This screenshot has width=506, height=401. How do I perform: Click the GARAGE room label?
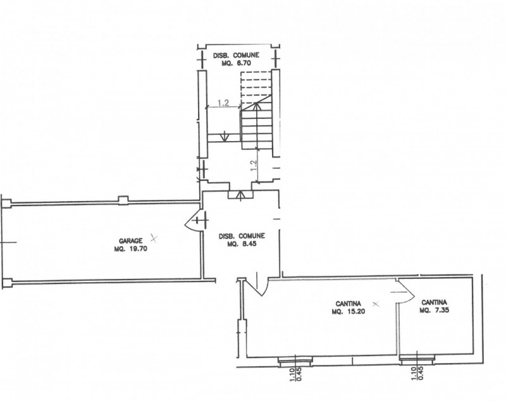click(131, 241)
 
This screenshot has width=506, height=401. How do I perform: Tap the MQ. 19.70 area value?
click(131, 249)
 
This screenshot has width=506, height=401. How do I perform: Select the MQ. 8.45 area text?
click(242, 244)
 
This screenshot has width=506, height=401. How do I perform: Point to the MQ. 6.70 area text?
click(236, 63)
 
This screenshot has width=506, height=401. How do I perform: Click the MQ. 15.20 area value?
click(349, 312)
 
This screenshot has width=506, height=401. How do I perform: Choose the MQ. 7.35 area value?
click(435, 311)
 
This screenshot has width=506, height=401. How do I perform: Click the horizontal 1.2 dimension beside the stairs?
click(223, 103)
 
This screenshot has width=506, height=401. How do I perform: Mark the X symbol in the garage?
click(154, 238)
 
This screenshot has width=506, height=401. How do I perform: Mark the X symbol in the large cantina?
click(375, 304)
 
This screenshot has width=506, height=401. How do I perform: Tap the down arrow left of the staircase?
click(224, 136)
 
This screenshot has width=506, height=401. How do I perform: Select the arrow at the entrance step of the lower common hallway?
click(240, 195)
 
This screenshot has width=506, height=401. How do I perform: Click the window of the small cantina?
click(417, 359)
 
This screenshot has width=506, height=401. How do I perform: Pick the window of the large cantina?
click(295, 361)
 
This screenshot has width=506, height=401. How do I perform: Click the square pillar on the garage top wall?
click(123, 200)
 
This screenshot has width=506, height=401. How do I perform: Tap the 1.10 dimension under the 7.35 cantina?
click(414, 374)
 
